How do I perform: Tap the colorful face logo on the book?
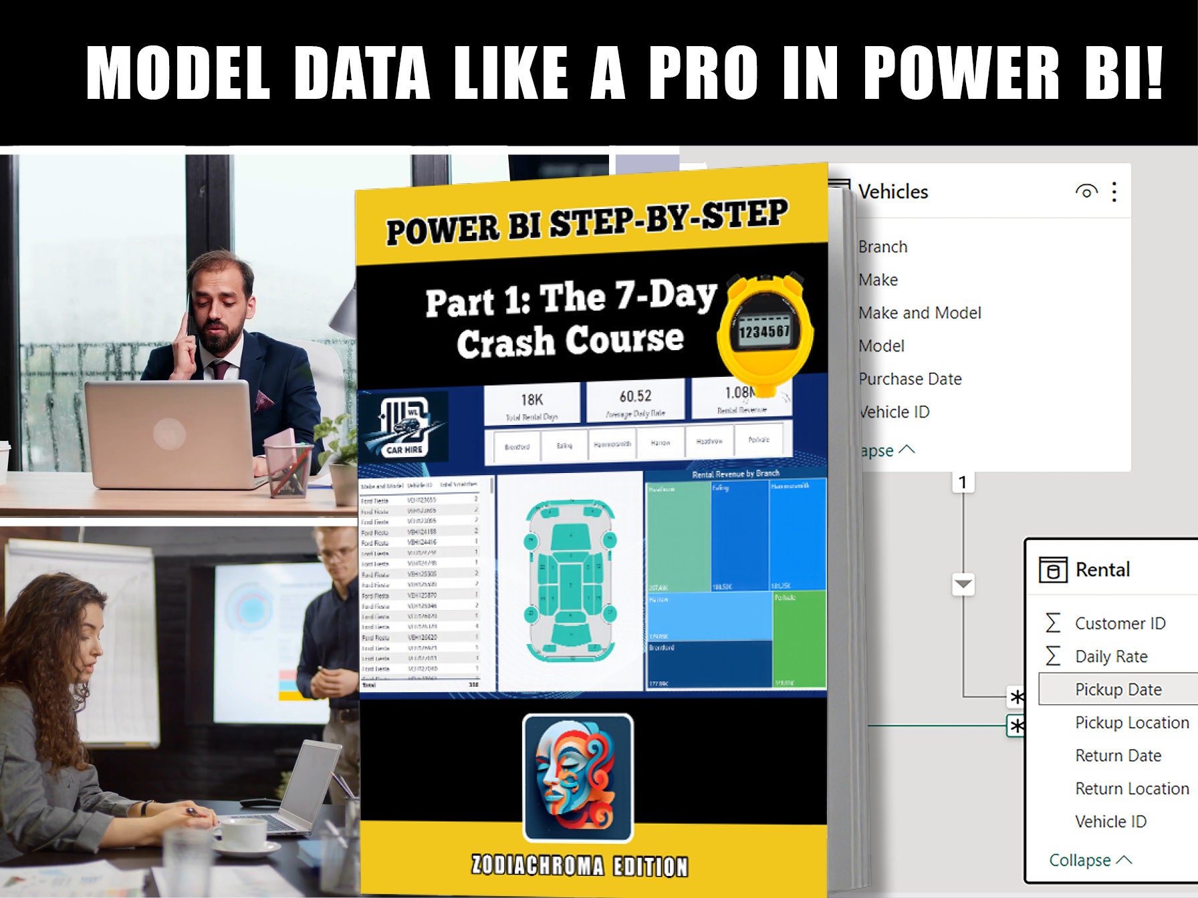pyautogui.click(x=578, y=778)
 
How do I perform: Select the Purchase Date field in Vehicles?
pyautogui.click(x=910, y=379)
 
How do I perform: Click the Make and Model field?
pyautogui.click(x=919, y=313)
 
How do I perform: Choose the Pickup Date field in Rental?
pyautogui.click(x=1118, y=690)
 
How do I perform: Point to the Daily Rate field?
pyautogui.click(x=1110, y=656)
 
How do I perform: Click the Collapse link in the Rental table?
pyautogui.click(x=1089, y=860)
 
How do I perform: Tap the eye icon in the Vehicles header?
pyautogui.click(x=1086, y=192)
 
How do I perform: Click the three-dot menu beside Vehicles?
pyautogui.click(x=1114, y=192)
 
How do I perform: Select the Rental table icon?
pyautogui.click(x=1052, y=570)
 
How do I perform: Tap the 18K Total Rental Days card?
pyautogui.click(x=532, y=405)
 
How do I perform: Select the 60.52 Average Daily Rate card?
pyautogui.click(x=635, y=402)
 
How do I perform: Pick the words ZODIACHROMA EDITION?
pyautogui.click(x=580, y=865)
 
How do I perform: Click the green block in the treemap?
pyautogui.click(x=800, y=638)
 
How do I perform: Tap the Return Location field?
pyautogui.click(x=1131, y=788)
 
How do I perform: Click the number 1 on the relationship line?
pyautogui.click(x=963, y=482)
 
